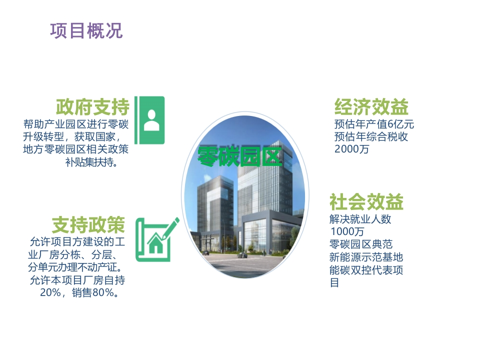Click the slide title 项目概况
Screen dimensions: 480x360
pyautogui.click(x=86, y=31)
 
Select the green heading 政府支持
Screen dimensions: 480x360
pyautogui.click(x=93, y=107)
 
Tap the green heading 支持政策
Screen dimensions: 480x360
pyautogui.click(x=88, y=224)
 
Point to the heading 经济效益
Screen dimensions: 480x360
pyautogui.click(x=371, y=107)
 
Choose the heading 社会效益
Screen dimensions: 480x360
pyautogui.click(x=366, y=201)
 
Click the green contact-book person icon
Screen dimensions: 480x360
pyautogui.click(x=149, y=120)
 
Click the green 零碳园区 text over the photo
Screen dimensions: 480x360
pyautogui.click(x=239, y=156)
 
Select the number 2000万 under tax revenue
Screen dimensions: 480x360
pyautogui.click(x=351, y=149)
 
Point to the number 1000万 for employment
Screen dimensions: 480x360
pyautogui.click(x=347, y=231)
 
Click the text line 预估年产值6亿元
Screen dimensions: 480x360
pyautogui.click(x=374, y=124)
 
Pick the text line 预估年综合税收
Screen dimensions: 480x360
pyautogui.click(x=371, y=136)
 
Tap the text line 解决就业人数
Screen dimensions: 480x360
pyautogui.click(x=360, y=219)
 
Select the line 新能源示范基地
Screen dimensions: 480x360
pyautogui.click(x=366, y=257)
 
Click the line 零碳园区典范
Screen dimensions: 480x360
pyautogui.click(x=361, y=244)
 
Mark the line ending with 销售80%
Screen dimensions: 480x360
pyautogui.click(x=79, y=292)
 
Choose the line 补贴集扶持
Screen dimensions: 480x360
pyautogui.click(x=91, y=162)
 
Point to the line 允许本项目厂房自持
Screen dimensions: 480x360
pyautogui.click(x=77, y=280)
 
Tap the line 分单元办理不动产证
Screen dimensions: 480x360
pyautogui.click(x=75, y=267)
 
